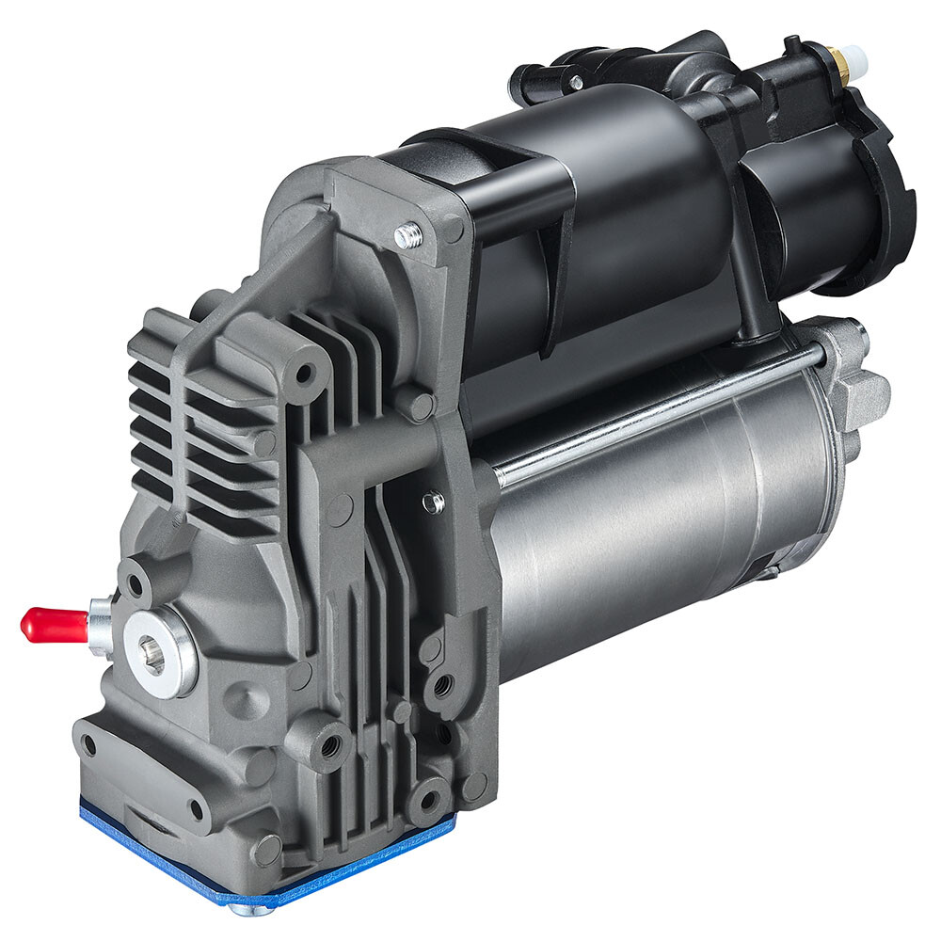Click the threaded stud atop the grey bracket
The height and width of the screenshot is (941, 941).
point(407,235)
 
